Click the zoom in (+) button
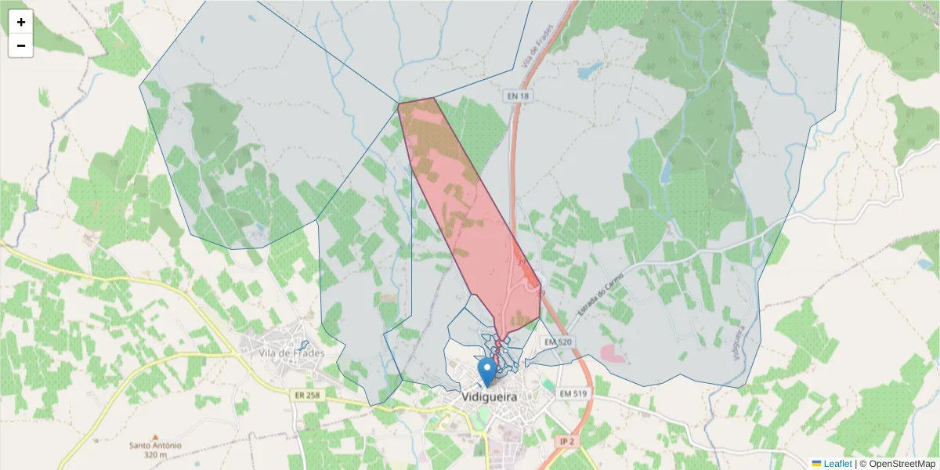(x=21, y=22)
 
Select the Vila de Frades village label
(x=291, y=353)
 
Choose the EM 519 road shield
(x=573, y=393)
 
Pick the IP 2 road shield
(x=568, y=443)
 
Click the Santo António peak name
(x=156, y=446)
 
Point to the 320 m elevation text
(x=156, y=455)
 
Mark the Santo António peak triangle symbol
(x=155, y=436)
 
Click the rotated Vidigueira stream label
(x=737, y=342)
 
